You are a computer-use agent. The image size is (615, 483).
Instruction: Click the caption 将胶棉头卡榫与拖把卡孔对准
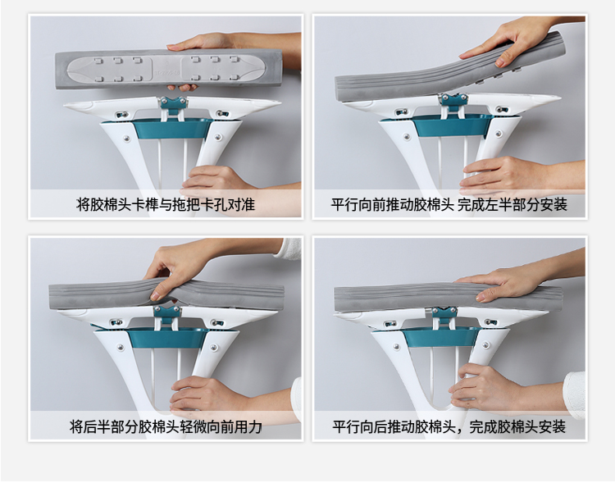(x=166, y=204)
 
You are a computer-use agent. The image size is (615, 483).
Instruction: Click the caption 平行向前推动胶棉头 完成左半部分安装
(x=449, y=204)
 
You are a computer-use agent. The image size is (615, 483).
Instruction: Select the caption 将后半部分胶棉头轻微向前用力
(x=166, y=426)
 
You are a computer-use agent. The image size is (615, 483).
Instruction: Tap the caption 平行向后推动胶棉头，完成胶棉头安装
(x=449, y=426)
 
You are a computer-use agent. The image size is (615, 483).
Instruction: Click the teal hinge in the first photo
(x=173, y=105)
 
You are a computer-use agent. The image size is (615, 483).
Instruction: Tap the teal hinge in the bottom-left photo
(x=167, y=314)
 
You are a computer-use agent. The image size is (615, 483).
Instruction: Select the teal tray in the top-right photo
(x=451, y=125)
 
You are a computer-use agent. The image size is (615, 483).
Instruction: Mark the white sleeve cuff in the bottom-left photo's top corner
(x=289, y=248)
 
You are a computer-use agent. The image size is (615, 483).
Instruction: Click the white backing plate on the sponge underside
(x=165, y=69)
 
